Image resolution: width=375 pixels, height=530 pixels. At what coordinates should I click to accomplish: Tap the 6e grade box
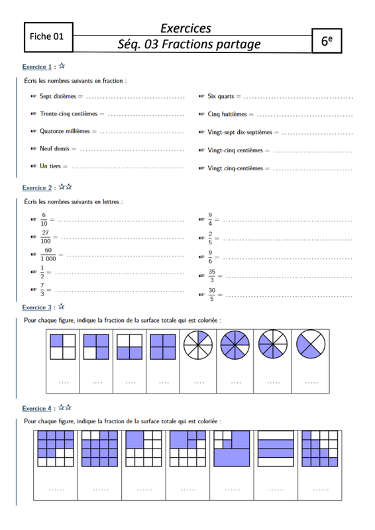(x=327, y=41)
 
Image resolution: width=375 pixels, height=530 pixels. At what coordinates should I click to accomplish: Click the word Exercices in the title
(x=186, y=28)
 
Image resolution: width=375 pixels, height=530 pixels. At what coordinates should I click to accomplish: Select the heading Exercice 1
(x=37, y=67)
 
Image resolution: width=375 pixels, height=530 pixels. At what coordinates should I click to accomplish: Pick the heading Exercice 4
(x=37, y=408)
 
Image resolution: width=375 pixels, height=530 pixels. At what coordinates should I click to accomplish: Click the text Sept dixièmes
(x=58, y=96)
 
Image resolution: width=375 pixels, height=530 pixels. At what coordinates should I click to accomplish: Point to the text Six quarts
(x=221, y=96)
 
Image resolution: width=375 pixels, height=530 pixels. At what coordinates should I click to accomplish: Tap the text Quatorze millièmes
(x=64, y=131)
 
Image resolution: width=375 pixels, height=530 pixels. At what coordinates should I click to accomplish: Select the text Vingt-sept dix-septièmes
(x=240, y=132)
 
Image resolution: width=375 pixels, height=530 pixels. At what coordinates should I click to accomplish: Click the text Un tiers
(x=50, y=166)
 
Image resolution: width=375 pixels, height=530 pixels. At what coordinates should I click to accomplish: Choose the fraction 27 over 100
(x=46, y=237)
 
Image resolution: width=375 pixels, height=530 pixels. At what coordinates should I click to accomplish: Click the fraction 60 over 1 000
(x=48, y=254)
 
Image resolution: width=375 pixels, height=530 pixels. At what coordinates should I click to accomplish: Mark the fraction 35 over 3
(x=211, y=276)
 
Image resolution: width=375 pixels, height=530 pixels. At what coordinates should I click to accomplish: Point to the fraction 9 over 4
(x=210, y=219)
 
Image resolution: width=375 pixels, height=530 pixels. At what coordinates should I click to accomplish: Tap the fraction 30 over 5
(x=211, y=294)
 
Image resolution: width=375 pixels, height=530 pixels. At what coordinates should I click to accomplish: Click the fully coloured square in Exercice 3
(x=163, y=346)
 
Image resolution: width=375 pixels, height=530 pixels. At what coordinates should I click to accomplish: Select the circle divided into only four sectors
(x=311, y=344)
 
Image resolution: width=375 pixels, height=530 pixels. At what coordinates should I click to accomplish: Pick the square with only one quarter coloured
(x=62, y=346)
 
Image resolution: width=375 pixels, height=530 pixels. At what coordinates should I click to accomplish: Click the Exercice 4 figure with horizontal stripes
(x=276, y=449)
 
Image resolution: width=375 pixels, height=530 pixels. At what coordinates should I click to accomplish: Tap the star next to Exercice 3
(x=61, y=307)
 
